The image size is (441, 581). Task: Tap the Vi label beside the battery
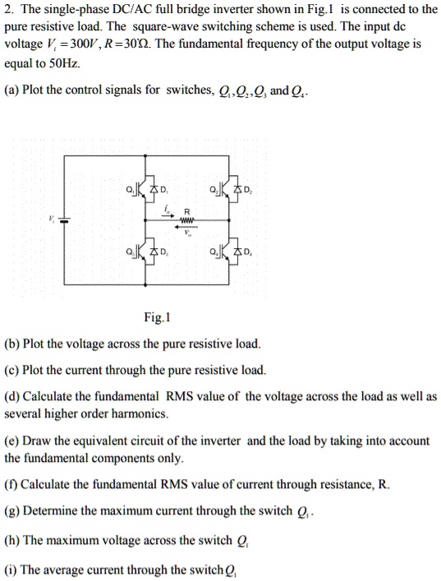pyautogui.click(x=53, y=219)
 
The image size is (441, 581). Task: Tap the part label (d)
pyautogui.click(x=11, y=396)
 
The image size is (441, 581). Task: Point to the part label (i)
pyautogui.click(x=11, y=569)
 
